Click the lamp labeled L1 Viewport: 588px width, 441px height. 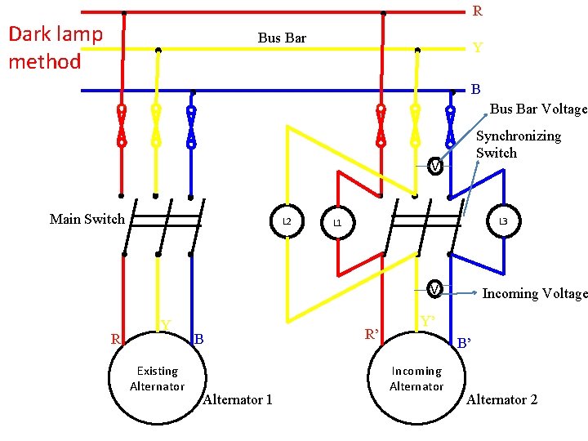tap(336, 223)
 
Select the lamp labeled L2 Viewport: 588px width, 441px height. tap(286, 221)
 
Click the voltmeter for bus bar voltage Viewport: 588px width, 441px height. tap(435, 166)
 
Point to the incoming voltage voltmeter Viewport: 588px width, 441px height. tap(435, 288)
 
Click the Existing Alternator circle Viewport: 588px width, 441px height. tap(157, 379)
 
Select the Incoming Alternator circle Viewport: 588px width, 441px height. tap(416, 379)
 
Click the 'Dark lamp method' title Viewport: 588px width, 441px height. tap(55, 47)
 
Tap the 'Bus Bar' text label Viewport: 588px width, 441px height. tap(282, 38)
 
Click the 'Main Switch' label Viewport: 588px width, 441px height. tap(87, 219)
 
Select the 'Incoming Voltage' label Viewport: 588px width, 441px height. tap(534, 293)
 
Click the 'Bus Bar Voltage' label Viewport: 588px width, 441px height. tap(538, 109)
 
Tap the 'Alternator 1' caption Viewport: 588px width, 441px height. tap(237, 399)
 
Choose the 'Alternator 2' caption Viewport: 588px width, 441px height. tap(501, 399)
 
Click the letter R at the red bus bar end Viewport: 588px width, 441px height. tap(478, 11)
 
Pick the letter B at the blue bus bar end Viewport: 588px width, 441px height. tap(475, 88)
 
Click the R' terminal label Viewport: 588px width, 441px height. tap(372, 334)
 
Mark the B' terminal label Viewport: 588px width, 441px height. tap(464, 343)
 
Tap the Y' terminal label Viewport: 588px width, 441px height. tap(426, 321)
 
